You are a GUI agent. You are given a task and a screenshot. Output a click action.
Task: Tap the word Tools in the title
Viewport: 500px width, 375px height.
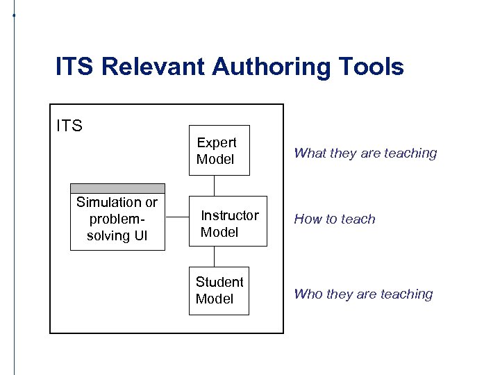pyautogui.click(x=371, y=67)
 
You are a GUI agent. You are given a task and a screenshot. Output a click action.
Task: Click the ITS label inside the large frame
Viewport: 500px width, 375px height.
pyautogui.click(x=69, y=126)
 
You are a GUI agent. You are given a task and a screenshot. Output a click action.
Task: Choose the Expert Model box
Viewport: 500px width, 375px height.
pyautogui.click(x=219, y=151)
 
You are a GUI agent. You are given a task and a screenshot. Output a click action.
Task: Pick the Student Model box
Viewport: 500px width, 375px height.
pyautogui.click(x=219, y=290)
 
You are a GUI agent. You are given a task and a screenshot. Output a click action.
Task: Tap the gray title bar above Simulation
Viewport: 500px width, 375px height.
pyautogui.click(x=117, y=188)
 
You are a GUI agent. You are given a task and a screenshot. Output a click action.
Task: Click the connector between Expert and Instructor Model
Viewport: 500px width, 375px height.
pyautogui.click(x=215, y=186)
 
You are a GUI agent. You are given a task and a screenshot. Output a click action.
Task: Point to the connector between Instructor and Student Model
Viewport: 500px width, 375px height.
pyautogui.click(x=215, y=257)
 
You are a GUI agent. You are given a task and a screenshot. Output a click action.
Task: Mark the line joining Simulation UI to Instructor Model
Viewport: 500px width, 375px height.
pyautogui.click(x=178, y=216)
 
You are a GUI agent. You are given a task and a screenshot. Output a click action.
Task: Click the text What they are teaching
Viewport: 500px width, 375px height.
pyautogui.click(x=365, y=153)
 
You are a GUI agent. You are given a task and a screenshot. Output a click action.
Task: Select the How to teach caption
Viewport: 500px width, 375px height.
pyautogui.click(x=335, y=219)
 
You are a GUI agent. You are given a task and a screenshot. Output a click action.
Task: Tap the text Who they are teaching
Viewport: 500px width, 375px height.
pyautogui.click(x=363, y=294)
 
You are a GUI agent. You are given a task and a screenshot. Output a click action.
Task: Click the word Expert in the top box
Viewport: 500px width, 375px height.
pyautogui.click(x=217, y=142)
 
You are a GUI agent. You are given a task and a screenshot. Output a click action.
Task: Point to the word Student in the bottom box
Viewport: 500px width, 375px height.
pyautogui.click(x=219, y=282)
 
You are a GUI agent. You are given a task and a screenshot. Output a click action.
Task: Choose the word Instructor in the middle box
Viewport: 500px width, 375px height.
pyautogui.click(x=230, y=215)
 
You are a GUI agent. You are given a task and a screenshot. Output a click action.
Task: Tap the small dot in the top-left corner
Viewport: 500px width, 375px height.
pyautogui.click(x=13, y=15)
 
